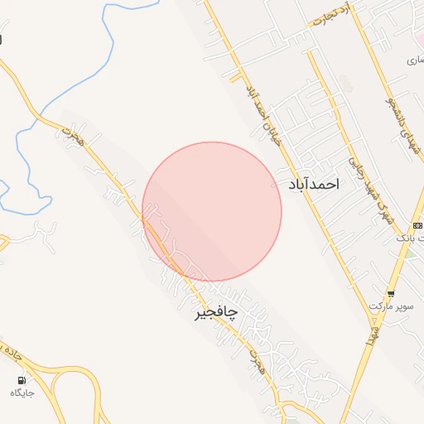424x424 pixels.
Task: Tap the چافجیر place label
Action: [x=215, y=311]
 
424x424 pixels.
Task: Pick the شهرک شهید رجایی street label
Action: [x=362, y=190]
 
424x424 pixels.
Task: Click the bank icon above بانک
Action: [x=417, y=225]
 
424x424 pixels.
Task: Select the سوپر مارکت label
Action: [x=390, y=306]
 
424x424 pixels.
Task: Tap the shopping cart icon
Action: [x=391, y=293]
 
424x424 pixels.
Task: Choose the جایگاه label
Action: [x=22, y=393]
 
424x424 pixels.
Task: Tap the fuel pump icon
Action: [x=21, y=379]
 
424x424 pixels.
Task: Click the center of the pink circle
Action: [x=212, y=211]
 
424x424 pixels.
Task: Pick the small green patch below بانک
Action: [x=411, y=252]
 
